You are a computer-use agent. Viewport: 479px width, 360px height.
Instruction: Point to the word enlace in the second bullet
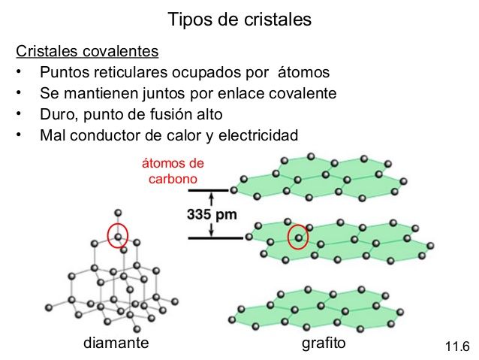point(245,94)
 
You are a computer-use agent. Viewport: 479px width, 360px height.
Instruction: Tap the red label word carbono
point(173,180)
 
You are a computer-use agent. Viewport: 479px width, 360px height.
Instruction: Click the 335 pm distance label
point(212,214)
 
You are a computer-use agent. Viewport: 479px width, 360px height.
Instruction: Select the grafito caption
point(323,343)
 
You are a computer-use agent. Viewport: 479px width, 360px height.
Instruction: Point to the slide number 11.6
point(456,346)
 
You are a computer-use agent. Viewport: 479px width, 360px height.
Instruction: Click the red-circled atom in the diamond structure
point(118,236)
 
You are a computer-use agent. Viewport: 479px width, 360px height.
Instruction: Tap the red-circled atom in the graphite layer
point(299,237)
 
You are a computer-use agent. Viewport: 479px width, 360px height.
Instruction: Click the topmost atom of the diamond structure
point(117,213)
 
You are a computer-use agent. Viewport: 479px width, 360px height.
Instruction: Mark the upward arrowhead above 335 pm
point(212,197)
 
